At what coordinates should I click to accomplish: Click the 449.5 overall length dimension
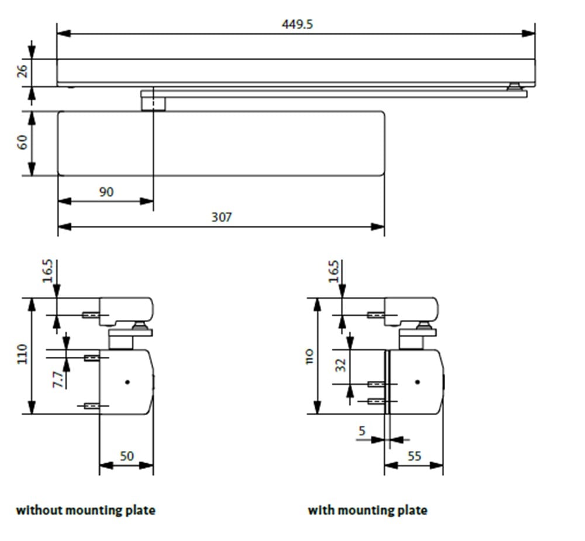tap(297, 25)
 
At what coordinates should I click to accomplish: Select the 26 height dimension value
tap(22, 71)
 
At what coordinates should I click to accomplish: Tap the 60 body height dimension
tap(22, 143)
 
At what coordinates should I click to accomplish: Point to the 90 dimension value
tap(106, 191)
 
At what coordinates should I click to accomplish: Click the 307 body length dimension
tap(222, 217)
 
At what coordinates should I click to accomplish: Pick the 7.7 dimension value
tap(58, 379)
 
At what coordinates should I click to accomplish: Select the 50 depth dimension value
tap(126, 456)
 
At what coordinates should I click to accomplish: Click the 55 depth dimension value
tap(414, 456)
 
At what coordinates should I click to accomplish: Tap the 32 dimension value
tap(341, 365)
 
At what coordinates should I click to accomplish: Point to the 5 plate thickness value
tap(362, 431)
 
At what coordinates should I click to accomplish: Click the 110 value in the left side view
tap(22, 354)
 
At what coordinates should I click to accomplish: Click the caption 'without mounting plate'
tap(85, 510)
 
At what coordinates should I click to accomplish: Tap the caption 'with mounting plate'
tap(367, 510)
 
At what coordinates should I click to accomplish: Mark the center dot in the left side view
tap(127, 382)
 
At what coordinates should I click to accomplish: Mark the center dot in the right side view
tap(417, 382)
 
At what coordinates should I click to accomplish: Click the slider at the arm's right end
tap(514, 87)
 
